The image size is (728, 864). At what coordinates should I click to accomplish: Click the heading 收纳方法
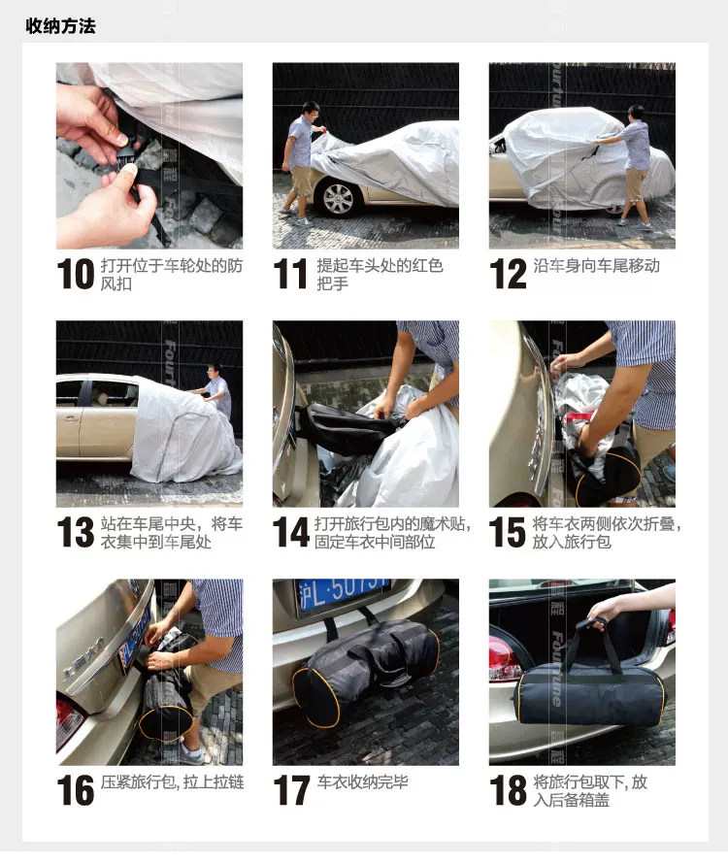tap(60, 26)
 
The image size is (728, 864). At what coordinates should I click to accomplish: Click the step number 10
tap(76, 274)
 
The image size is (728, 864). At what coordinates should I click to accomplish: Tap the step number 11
tap(290, 274)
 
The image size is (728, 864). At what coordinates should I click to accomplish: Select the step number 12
tap(508, 274)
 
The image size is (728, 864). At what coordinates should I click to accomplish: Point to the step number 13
tap(76, 532)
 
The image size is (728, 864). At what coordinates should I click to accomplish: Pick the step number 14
tap(290, 532)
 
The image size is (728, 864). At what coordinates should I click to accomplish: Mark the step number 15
tap(508, 532)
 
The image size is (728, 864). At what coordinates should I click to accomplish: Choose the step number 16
tap(76, 790)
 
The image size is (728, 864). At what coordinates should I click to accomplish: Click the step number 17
tap(291, 790)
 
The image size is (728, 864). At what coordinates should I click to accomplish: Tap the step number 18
tap(508, 790)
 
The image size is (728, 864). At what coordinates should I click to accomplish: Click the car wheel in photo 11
tap(338, 198)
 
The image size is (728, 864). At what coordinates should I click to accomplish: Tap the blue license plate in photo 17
tap(343, 594)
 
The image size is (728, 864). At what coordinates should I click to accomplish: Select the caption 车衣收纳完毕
tap(363, 781)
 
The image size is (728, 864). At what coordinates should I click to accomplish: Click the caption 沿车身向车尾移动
tap(596, 266)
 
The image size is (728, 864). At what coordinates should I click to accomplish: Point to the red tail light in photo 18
tap(504, 655)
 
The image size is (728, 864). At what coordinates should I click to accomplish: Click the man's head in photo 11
tap(311, 113)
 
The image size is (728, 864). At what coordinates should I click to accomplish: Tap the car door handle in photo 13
tap(71, 418)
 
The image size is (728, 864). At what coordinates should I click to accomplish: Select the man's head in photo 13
tap(215, 372)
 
